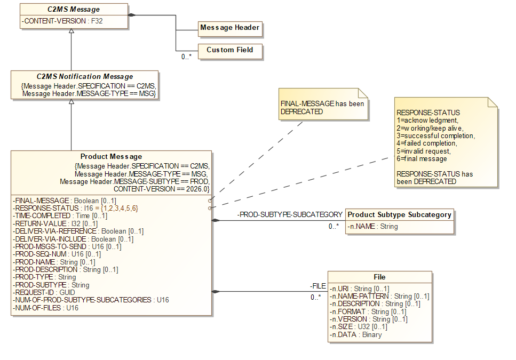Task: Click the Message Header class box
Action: pos(229,28)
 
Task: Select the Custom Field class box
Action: pos(229,50)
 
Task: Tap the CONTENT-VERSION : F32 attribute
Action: pos(62,21)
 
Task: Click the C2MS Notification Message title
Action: pos(84,77)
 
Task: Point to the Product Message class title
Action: pos(111,157)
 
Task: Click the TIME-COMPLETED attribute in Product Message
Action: pos(60,216)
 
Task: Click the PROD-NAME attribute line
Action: pos(54,262)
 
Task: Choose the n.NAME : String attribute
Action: pos(372,227)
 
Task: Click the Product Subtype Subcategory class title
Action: pos(399,215)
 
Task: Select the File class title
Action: pos(379,277)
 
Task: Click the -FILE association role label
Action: pos(317,286)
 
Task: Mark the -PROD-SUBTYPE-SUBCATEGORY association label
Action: pos(289,215)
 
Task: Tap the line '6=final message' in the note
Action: pos(422,159)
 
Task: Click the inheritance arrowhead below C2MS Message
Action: pos(72,31)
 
